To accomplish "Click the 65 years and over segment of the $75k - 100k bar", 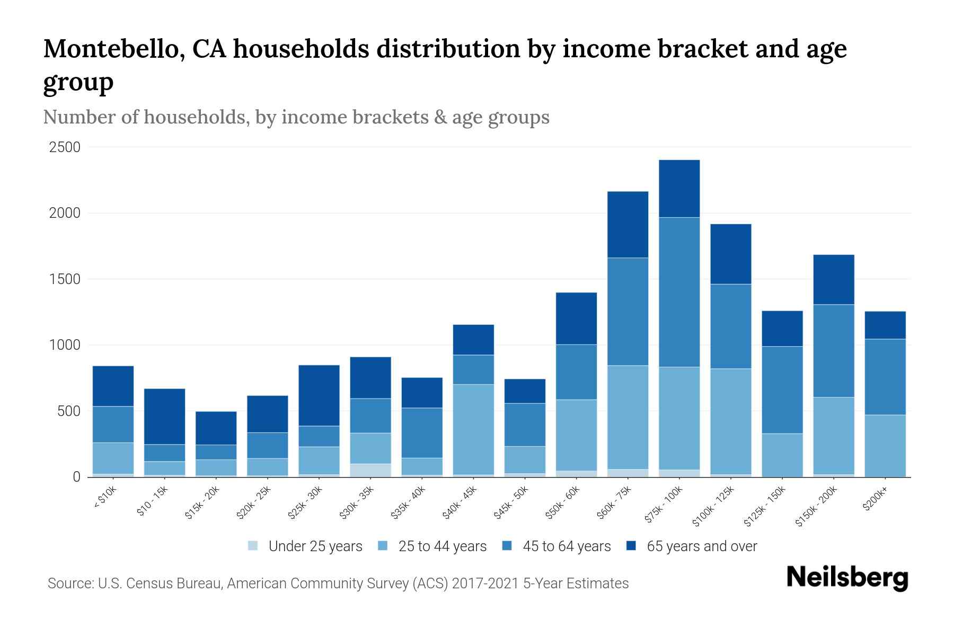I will (679, 189).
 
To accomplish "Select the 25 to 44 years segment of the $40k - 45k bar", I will (473, 429).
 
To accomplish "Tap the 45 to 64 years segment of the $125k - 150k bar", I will (782, 390).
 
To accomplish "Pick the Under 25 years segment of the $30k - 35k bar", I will (370, 470).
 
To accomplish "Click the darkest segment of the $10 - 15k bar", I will (164, 417).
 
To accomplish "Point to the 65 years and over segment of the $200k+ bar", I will (885, 325).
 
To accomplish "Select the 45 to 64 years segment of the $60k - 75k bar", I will (628, 312).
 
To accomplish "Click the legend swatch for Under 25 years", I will (253, 546).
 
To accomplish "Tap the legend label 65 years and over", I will (701, 546).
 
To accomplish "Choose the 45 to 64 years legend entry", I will (566, 546).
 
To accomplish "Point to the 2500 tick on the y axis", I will (65, 147).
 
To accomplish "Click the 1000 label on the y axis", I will (65, 345).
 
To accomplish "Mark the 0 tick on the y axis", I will (76, 477).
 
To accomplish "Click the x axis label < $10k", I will (105, 498).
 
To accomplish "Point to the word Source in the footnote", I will (69, 584).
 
